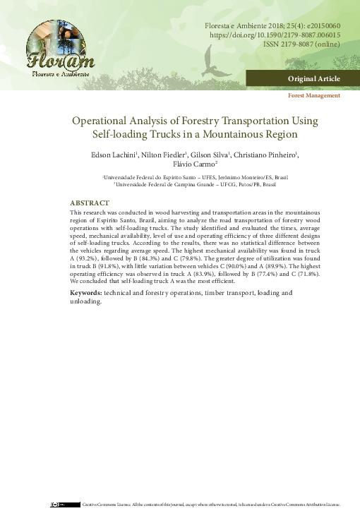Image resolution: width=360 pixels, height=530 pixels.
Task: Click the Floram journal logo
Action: point(59,52)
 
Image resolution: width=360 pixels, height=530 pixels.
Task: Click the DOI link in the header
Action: point(272,34)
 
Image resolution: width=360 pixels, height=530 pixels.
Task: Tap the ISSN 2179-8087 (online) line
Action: point(301,44)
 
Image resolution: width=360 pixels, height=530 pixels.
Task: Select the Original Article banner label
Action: point(313,78)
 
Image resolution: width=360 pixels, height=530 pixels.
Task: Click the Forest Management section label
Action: point(314,95)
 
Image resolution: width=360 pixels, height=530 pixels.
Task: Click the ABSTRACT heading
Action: point(90,203)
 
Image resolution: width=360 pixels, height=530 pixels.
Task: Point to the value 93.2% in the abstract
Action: point(89,259)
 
